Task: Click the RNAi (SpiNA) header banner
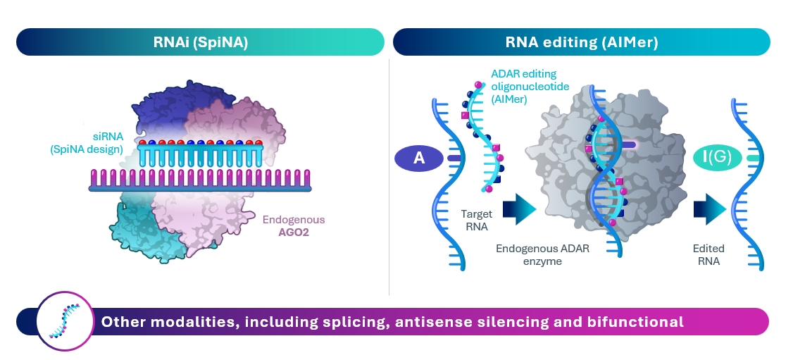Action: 200,42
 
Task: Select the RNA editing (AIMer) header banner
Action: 581,42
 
